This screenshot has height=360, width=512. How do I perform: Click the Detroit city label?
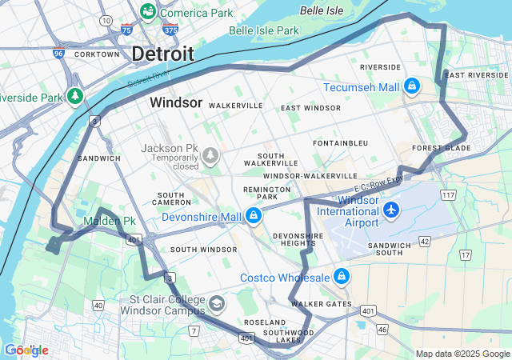162,54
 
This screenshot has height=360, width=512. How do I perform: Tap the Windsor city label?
176,103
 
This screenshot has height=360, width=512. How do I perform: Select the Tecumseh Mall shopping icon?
412,86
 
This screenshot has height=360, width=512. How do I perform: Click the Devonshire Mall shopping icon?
254,216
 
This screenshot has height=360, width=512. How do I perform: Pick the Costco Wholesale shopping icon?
342,277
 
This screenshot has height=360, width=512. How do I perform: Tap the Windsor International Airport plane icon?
391,210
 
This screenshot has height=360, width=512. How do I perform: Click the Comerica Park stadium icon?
148,12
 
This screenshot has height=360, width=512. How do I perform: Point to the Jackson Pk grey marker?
210,154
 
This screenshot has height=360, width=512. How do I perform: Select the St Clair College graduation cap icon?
217,304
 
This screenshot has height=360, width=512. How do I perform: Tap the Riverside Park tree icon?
75,97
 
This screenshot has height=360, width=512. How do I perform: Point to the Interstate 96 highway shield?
58,54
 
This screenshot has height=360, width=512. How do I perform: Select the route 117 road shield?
448,194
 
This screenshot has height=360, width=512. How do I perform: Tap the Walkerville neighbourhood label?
236,105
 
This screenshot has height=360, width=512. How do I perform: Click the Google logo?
26,350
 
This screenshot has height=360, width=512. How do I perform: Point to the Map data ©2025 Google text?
462,354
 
